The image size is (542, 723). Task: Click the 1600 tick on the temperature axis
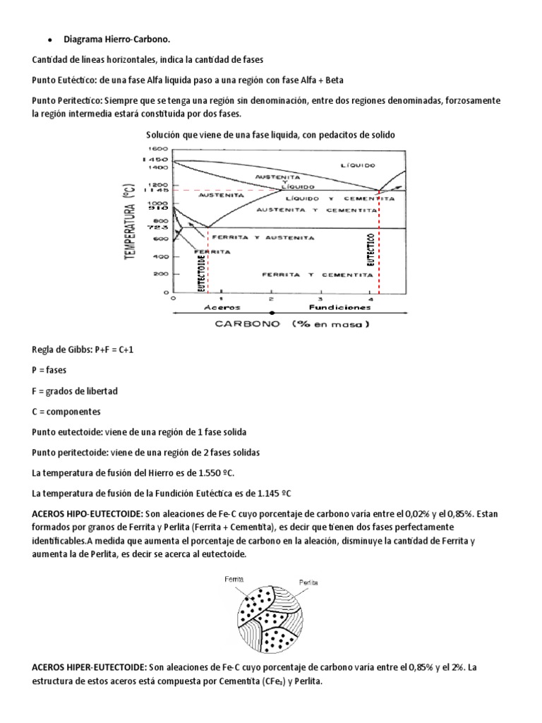coord(159,150)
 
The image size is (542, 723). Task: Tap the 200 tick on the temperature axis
coord(161,273)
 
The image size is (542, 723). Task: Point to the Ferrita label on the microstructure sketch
coord(234,578)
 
